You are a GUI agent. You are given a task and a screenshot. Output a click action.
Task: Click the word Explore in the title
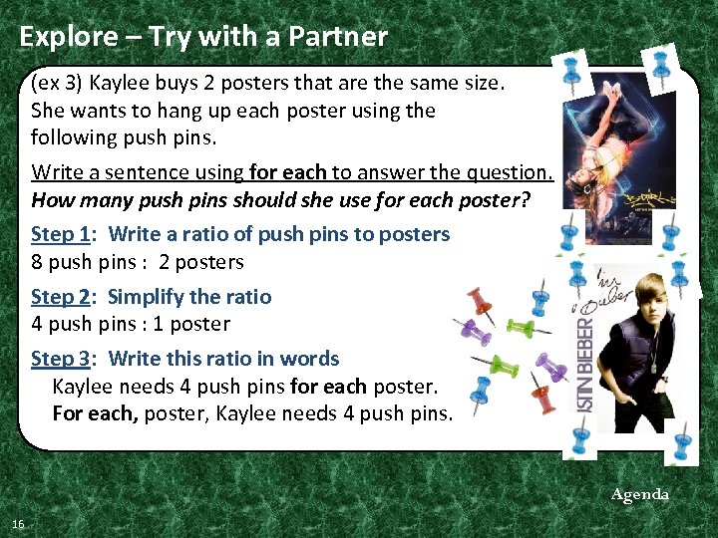pyautogui.click(x=69, y=37)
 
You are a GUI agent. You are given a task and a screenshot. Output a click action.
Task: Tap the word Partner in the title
pyautogui.click(x=338, y=36)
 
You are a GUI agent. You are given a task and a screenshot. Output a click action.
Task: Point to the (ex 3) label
pyautogui.click(x=56, y=83)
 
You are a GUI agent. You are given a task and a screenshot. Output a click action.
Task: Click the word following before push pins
pyautogui.click(x=73, y=137)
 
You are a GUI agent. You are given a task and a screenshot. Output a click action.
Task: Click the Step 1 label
pyautogui.click(x=61, y=234)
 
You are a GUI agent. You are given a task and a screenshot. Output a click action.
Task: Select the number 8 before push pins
pyautogui.click(x=37, y=262)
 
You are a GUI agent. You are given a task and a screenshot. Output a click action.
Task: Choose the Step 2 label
pyautogui.click(x=61, y=297)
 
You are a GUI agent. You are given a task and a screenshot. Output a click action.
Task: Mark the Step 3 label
pyautogui.click(x=61, y=359)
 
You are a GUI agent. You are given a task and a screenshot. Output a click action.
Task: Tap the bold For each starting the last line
pyautogui.click(x=96, y=413)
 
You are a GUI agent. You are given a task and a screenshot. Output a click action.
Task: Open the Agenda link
pyautogui.click(x=639, y=494)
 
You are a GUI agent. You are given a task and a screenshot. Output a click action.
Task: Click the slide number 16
pyautogui.click(x=18, y=524)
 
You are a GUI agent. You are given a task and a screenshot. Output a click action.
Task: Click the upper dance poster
pyautogui.click(x=619, y=157)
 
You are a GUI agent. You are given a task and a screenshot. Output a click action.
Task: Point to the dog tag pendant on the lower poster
pyautogui.click(x=656, y=367)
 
